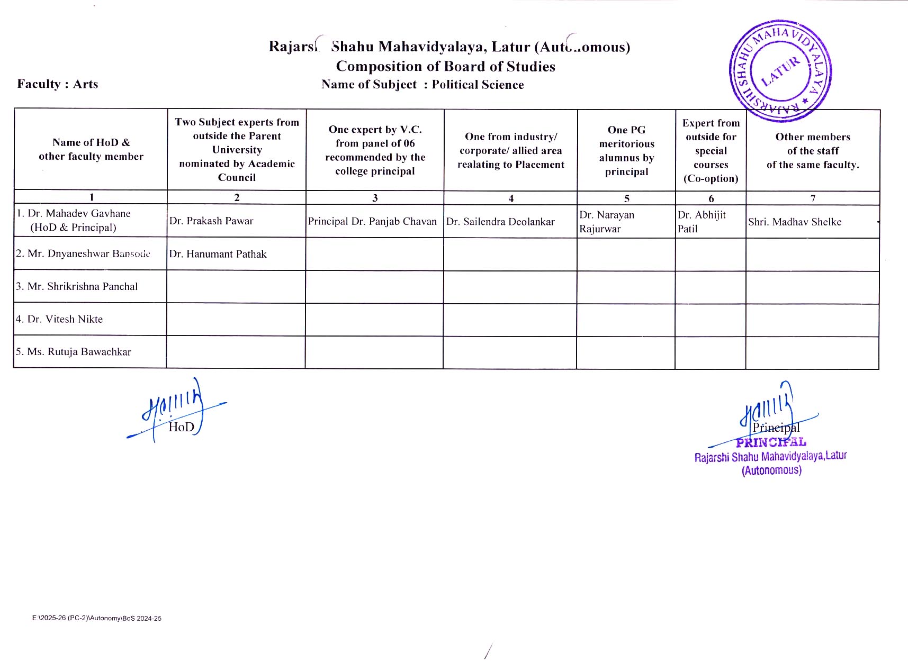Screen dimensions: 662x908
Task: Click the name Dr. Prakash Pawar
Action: (211, 221)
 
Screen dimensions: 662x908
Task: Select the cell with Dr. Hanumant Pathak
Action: (218, 254)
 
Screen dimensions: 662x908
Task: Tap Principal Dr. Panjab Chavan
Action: (372, 221)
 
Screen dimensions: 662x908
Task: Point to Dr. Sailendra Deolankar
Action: (500, 222)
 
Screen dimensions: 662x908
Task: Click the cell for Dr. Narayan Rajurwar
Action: (607, 222)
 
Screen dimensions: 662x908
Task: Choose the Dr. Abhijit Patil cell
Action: (702, 222)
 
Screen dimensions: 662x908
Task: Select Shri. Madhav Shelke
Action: (795, 222)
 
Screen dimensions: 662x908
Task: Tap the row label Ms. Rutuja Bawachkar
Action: (74, 352)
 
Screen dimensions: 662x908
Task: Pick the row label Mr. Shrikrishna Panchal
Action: (77, 286)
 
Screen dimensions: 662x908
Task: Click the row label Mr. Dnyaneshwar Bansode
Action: (83, 253)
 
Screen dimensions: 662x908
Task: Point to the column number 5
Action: (626, 198)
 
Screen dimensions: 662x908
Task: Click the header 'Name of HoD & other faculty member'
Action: (91, 149)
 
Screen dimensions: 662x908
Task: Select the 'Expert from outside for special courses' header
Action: (711, 150)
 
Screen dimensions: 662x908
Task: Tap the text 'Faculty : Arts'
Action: (58, 84)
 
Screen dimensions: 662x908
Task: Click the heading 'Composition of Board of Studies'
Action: (445, 66)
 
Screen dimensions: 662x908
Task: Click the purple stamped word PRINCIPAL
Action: (771, 442)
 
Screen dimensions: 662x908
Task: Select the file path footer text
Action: (97, 618)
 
